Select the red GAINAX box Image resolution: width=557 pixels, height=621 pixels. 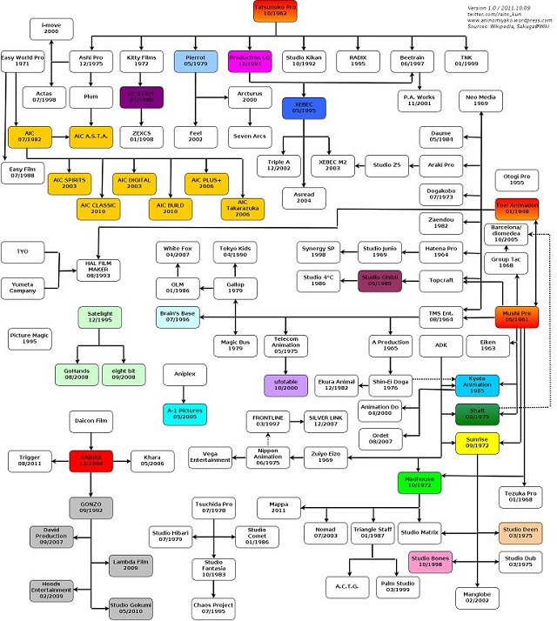(93, 460)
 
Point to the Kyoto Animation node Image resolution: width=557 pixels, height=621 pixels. (477, 384)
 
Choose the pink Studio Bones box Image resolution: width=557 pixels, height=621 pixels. (432, 561)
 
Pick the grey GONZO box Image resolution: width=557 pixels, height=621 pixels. (93, 507)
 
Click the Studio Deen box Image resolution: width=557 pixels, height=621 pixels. (520, 532)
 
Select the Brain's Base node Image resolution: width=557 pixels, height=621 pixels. (181, 316)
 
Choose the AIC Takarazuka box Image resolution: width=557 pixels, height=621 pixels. (242, 208)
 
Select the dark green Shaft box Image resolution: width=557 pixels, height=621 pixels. (478, 415)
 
